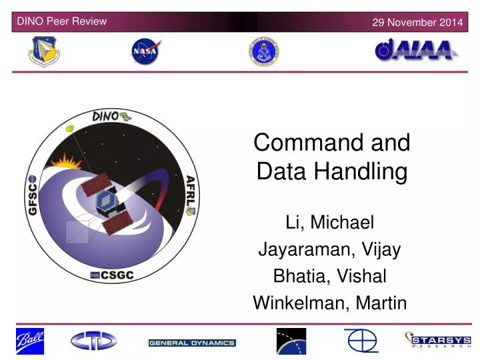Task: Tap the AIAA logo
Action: tap(415, 51)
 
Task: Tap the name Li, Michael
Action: tap(330, 222)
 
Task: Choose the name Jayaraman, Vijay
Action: tap(330, 249)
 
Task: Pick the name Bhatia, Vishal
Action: tap(330, 276)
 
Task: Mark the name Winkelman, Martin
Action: tap(330, 303)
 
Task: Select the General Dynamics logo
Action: tap(192, 343)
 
